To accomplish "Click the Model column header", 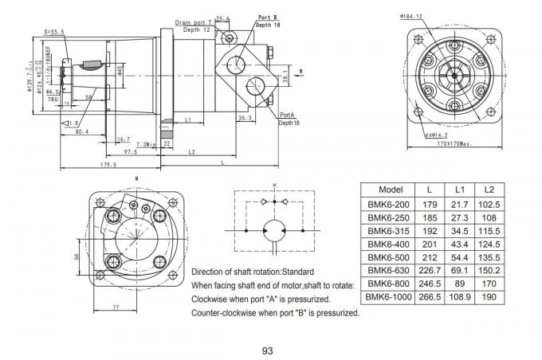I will pyautogui.click(x=390, y=189).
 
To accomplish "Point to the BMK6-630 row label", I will pyautogui.click(x=390, y=270).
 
